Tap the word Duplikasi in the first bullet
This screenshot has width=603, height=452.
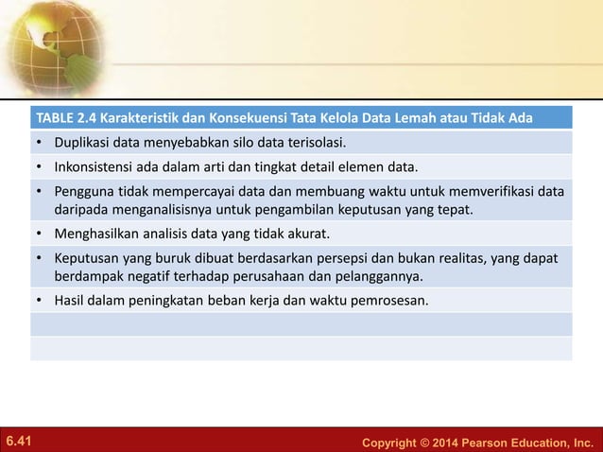click(81, 145)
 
